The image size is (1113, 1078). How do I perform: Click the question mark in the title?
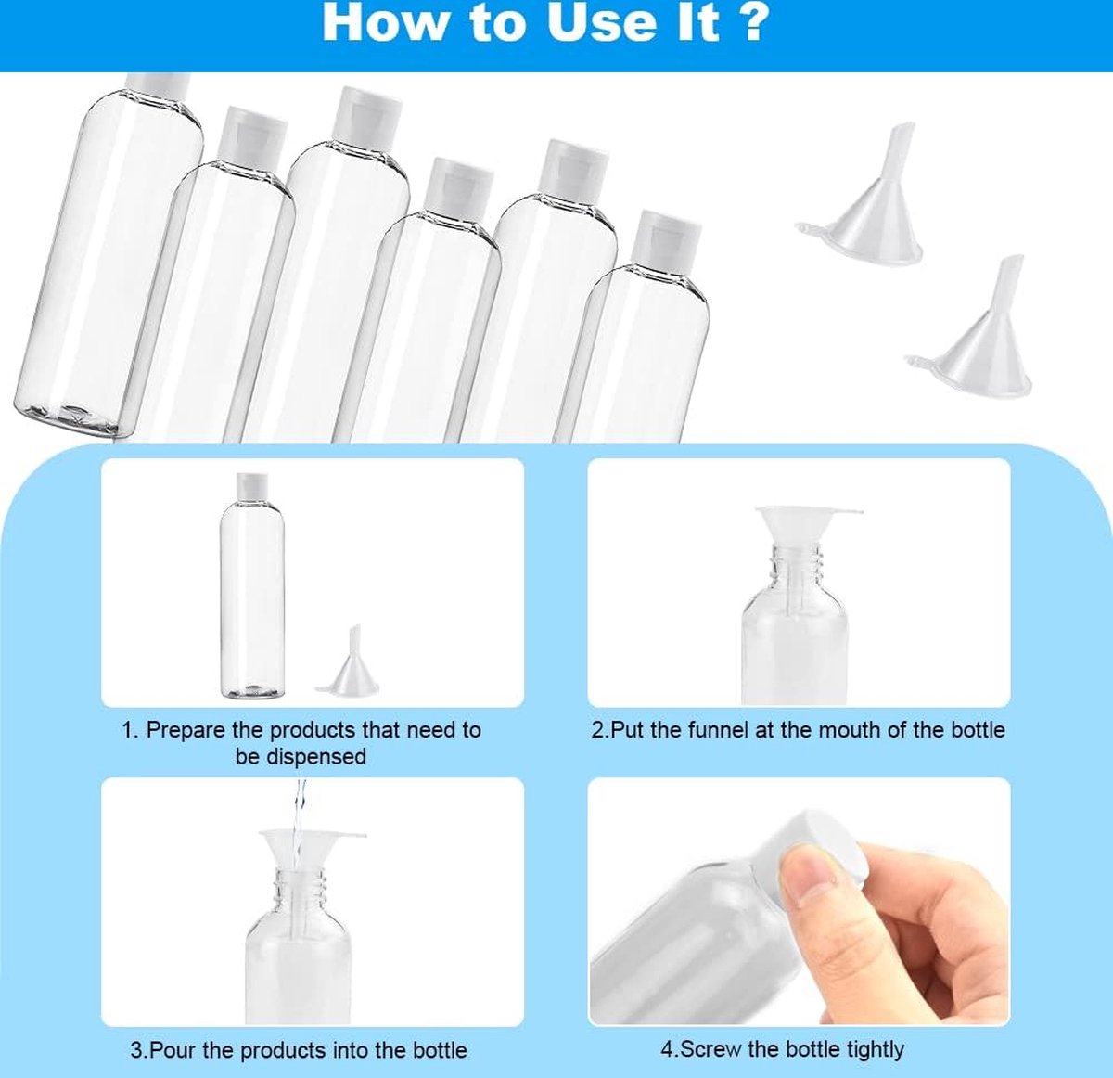click(754, 23)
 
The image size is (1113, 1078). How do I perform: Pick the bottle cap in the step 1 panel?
click(251, 484)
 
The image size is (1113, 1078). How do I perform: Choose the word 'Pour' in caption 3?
click(173, 1050)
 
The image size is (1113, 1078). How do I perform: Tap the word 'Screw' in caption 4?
click(710, 1049)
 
